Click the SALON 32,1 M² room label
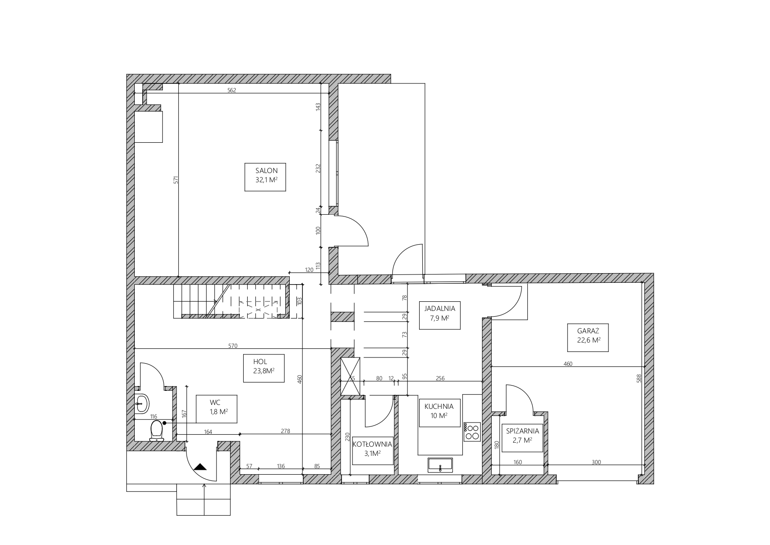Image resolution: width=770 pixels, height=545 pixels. (265, 177)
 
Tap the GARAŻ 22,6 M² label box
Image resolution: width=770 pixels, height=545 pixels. (588, 337)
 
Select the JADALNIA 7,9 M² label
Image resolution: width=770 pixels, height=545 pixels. (439, 315)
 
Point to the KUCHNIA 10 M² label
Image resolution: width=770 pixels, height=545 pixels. (439, 413)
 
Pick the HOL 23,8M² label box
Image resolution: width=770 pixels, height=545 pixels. (264, 368)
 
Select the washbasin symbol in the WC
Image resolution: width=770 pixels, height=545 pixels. (142, 403)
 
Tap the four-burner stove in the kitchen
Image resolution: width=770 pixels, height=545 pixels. (472, 431)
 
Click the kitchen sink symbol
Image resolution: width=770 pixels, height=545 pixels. (440, 465)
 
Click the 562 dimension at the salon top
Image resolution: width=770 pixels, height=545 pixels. (232, 91)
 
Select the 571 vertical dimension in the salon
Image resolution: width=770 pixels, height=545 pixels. (175, 180)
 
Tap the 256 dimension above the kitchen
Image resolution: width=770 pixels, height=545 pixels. (440, 378)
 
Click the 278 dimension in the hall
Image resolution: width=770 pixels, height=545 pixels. (285, 431)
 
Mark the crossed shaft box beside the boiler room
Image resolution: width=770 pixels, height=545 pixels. (351, 376)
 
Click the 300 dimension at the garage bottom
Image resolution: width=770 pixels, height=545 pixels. (596, 462)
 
